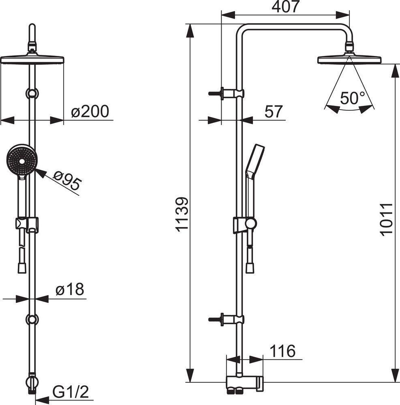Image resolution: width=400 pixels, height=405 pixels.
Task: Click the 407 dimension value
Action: click(x=286, y=6)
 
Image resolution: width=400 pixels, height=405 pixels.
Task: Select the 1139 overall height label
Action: click(x=182, y=214)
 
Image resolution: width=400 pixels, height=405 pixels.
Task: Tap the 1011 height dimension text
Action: click(x=386, y=219)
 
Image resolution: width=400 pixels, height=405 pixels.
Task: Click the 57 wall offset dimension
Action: click(x=274, y=111)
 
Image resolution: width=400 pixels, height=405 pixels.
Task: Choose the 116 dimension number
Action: click(x=282, y=351)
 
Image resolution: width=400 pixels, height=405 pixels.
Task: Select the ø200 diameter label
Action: click(x=90, y=111)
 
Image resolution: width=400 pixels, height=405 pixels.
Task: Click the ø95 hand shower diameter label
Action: click(x=67, y=180)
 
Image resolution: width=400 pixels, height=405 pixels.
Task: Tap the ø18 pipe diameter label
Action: click(x=70, y=289)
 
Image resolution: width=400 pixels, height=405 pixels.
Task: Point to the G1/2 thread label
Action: click(x=71, y=392)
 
